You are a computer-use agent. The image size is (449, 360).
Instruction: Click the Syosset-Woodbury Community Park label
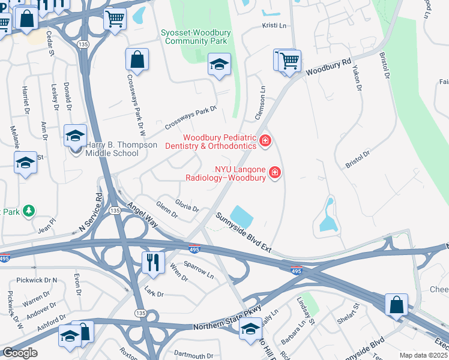(195, 37)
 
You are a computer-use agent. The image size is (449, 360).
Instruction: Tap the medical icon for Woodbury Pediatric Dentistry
(265, 142)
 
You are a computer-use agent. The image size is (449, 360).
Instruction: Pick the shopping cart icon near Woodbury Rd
(289, 60)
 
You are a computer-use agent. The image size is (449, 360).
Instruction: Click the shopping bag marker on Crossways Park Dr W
(137, 59)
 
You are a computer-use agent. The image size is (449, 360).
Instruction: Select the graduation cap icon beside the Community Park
(219, 64)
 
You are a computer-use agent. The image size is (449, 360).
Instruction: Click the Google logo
(19, 353)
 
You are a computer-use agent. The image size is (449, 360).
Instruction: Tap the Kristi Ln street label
(274, 26)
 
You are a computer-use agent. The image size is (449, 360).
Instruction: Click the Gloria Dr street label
(187, 204)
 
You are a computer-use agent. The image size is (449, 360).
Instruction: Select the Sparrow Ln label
(199, 269)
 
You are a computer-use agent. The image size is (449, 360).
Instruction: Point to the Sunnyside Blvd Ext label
(244, 233)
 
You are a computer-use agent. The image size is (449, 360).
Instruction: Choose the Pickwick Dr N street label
(37, 280)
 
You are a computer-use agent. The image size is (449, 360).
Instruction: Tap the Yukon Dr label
(358, 79)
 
